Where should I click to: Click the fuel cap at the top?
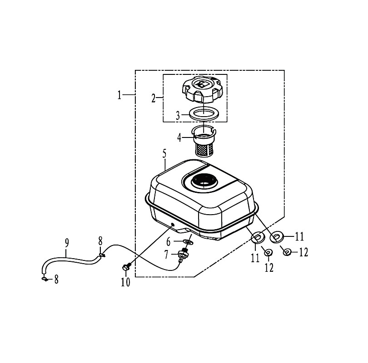coord(202,89)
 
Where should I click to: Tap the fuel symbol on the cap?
coord(203,84)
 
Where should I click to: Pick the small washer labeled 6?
coord(188,242)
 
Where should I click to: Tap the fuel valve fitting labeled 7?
coord(183,255)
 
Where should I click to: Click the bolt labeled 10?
coord(125,267)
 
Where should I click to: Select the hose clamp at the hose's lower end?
coord(45,279)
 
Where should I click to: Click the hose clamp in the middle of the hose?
coord(101,255)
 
